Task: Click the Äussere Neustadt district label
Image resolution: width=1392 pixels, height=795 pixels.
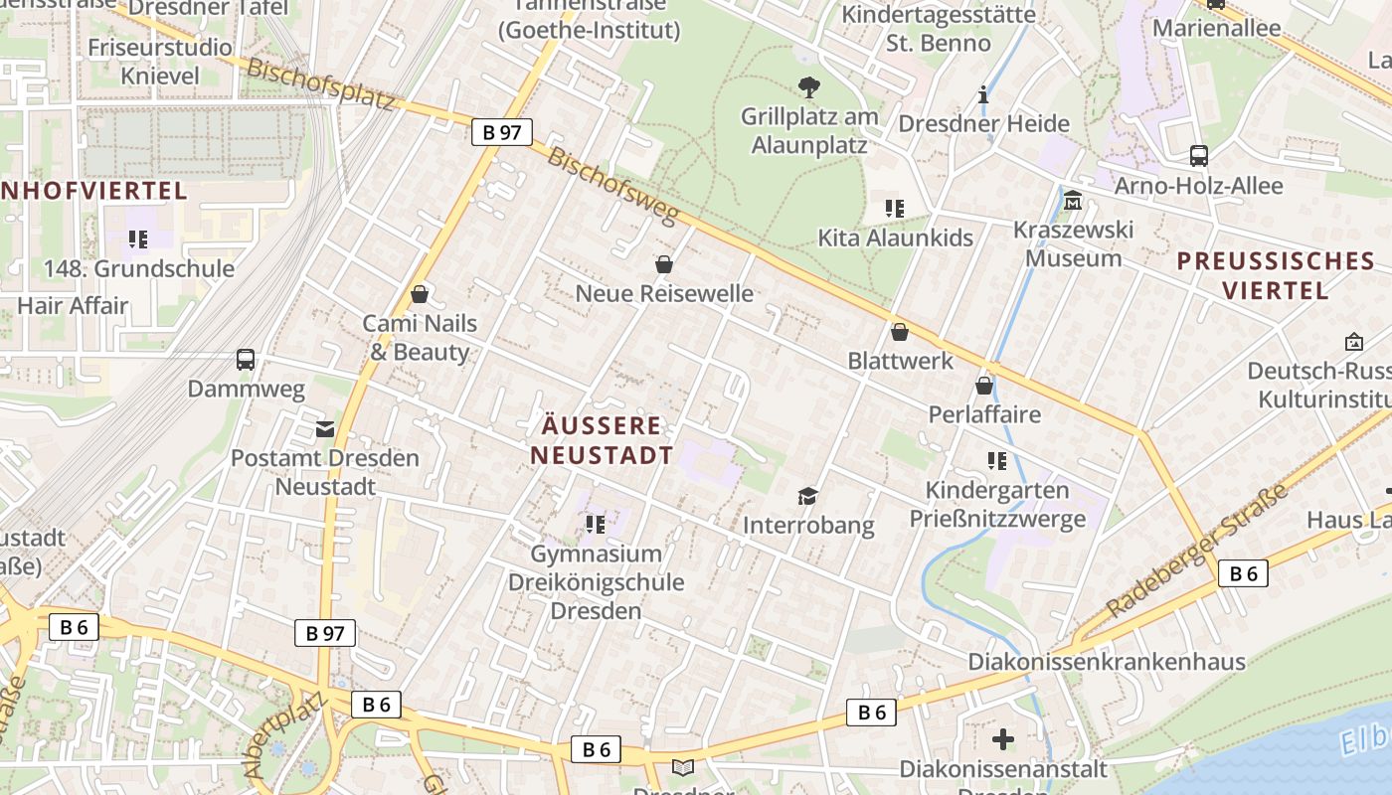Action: [602, 440]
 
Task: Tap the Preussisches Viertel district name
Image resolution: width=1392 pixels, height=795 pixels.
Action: [1276, 275]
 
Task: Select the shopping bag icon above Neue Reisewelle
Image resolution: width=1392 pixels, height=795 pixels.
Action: [664, 264]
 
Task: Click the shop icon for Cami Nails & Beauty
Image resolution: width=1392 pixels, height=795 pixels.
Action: [420, 294]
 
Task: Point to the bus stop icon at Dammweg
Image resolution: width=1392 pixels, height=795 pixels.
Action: [246, 360]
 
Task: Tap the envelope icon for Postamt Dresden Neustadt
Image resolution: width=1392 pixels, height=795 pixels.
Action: [325, 429]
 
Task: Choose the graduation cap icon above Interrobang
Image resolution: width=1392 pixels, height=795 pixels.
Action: [808, 496]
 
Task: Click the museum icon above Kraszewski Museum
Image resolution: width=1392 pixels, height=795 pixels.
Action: [1073, 202]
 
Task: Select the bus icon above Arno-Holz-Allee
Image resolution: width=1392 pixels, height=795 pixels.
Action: [1198, 156]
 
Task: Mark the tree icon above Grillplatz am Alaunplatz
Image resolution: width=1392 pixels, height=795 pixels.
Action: [809, 87]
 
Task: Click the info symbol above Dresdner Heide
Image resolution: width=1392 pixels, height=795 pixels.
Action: [983, 95]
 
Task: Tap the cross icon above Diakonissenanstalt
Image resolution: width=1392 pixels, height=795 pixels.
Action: [1003, 739]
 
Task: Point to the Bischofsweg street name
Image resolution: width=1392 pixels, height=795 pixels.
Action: [612, 186]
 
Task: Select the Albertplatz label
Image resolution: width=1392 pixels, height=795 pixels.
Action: [286, 733]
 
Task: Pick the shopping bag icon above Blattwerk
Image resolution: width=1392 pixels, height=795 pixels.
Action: [900, 332]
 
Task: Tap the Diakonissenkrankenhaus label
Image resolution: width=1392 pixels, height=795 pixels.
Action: [1107, 662]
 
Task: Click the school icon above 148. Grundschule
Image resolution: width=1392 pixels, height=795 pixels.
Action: [138, 239]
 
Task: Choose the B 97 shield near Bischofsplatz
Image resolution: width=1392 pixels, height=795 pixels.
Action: [502, 132]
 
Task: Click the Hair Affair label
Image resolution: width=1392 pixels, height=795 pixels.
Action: [73, 305]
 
